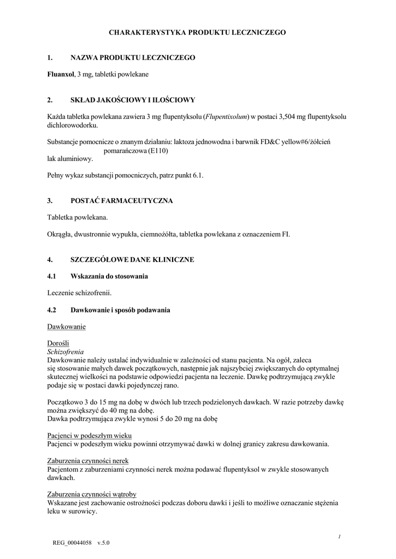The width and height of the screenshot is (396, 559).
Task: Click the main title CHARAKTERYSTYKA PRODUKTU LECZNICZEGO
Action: click(197, 33)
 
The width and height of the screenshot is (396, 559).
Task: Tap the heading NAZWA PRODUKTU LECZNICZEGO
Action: click(133, 57)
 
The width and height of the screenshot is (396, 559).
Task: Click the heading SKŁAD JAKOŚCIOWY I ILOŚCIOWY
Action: click(133, 100)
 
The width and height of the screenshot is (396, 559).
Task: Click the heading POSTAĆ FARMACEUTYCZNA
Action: click(121, 201)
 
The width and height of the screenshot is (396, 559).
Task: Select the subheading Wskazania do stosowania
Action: click(109, 276)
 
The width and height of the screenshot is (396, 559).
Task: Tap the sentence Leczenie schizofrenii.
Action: click(79, 293)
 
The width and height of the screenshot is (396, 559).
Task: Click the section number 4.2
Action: click(52, 310)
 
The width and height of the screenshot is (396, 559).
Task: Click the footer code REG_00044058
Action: click(73, 544)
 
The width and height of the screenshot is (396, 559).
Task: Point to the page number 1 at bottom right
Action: click(339, 537)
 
